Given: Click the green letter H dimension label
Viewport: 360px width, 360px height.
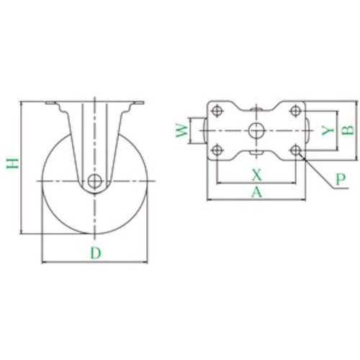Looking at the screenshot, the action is coord(12,163).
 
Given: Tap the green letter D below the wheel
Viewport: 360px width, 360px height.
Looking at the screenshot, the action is coord(96,253).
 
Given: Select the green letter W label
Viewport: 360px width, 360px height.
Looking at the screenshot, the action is coord(181,131).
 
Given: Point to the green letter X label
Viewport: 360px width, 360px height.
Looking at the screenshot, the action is coord(256,174).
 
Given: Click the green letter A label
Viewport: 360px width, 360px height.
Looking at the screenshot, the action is coord(256,192).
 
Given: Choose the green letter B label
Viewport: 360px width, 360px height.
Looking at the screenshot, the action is coord(348,130).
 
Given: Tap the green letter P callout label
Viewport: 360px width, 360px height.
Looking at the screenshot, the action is coord(341,179).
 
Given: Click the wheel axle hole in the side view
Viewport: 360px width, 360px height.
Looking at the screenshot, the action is coord(95,181).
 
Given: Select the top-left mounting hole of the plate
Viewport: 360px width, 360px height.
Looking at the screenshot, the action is coord(217,111).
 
